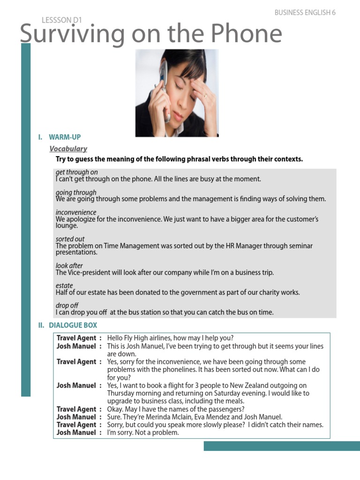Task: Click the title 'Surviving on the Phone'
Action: (x=151, y=34)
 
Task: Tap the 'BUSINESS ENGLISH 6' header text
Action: (x=305, y=13)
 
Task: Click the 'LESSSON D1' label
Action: (x=62, y=20)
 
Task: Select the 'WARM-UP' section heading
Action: (x=65, y=137)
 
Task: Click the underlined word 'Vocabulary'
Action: (x=68, y=149)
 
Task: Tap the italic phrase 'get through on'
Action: (x=76, y=172)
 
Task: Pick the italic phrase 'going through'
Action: (x=76, y=192)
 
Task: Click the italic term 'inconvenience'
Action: (x=76, y=212)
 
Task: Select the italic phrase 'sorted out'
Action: (x=70, y=239)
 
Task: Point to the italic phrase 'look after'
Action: (x=69, y=266)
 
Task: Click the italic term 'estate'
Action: (x=64, y=285)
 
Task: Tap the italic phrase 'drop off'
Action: (x=67, y=306)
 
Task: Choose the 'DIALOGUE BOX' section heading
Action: (x=73, y=325)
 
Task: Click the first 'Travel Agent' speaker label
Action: (x=76, y=338)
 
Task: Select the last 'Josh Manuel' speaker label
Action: (x=76, y=433)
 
